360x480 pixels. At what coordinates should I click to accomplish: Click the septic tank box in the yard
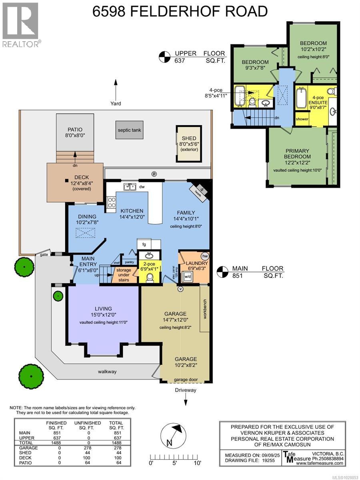pyautogui.click(x=129, y=130)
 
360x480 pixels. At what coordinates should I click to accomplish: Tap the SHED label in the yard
pyautogui.click(x=189, y=138)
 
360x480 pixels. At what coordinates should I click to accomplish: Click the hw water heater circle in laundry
pyautogui.click(x=205, y=256)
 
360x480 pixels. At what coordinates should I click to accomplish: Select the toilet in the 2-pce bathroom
pyautogui.click(x=150, y=277)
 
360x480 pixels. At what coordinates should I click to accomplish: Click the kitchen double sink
pyautogui.click(x=129, y=186)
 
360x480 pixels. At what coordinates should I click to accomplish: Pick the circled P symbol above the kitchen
pyautogui.click(x=154, y=174)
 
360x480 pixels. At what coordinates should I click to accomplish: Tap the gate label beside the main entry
pyautogui.click(x=42, y=255)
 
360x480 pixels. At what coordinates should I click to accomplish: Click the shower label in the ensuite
pyautogui.click(x=302, y=119)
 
